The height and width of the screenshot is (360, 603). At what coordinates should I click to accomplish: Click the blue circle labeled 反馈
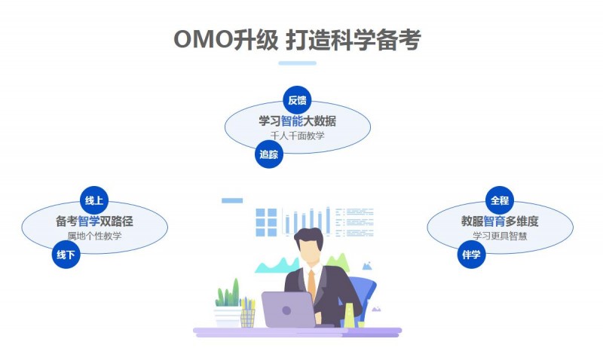pos(297,100)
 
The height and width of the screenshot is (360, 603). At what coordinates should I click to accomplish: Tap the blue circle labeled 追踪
pos(269,154)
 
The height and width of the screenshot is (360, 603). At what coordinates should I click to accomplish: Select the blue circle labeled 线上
pos(94,200)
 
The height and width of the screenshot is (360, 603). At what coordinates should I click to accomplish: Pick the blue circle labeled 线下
pos(66,255)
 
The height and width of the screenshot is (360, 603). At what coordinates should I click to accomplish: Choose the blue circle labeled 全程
pos(500,200)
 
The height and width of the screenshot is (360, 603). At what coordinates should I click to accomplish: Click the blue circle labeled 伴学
pos(471,255)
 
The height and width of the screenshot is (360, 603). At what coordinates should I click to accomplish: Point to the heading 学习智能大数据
pos(297,121)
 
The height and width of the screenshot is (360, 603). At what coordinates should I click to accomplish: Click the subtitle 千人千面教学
pos(297,136)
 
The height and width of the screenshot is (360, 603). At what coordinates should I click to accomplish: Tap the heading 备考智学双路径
pos(94,221)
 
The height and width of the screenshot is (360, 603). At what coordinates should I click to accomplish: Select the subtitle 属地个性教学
pos(94,236)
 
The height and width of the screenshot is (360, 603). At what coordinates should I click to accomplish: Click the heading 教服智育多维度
pos(500,221)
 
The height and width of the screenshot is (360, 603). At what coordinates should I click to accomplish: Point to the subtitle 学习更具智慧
pos(500,236)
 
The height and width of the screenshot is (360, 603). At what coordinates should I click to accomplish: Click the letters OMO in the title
pos(203,39)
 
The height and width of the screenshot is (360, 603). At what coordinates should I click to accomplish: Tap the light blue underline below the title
pos(297,63)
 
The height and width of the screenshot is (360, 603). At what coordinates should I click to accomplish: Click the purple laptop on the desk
pos(289,310)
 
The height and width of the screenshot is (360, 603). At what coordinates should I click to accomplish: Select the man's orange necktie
pos(311,285)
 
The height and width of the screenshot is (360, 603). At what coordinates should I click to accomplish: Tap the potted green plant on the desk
pos(228,304)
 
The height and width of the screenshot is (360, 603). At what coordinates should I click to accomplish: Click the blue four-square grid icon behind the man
pos(266,222)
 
